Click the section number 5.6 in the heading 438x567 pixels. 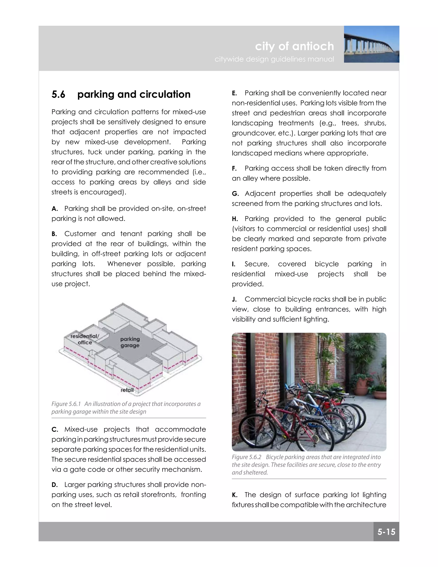[58, 94]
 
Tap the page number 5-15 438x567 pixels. [386, 532]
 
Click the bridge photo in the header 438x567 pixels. [371, 44]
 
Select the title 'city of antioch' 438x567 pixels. [294, 46]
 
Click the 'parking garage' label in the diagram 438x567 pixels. [130, 342]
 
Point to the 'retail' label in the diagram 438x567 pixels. [127, 390]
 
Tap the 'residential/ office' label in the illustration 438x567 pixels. [85, 339]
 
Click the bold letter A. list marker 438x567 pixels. [55, 209]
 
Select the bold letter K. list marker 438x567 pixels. [235, 495]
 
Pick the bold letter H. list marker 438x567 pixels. [235, 219]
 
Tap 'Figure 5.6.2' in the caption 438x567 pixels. [247, 457]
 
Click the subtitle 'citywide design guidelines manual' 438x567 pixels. [274, 59]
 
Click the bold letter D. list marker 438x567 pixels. [55, 485]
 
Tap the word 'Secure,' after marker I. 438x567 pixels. [257, 264]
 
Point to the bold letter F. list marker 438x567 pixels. [234, 168]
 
